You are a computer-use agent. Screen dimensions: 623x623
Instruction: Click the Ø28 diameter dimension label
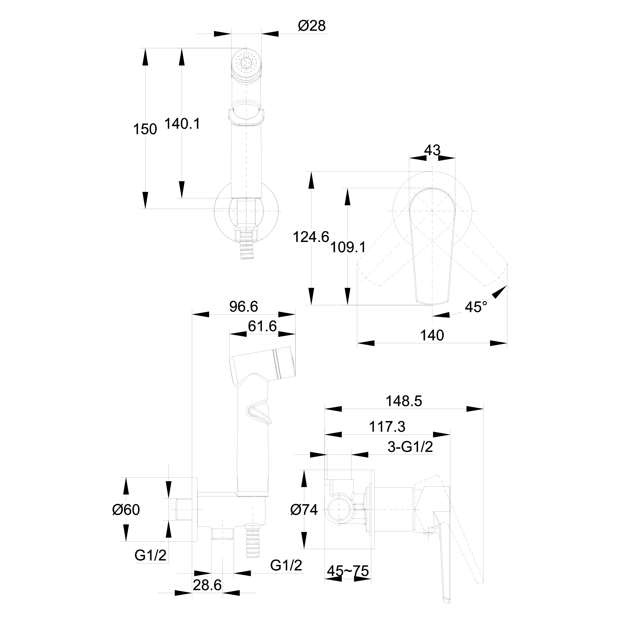[x=311, y=26]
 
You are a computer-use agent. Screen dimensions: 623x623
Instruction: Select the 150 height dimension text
[x=145, y=129]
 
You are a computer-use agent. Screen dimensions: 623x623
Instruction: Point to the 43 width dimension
[x=432, y=150]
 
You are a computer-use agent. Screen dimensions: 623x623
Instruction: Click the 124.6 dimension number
[x=311, y=237]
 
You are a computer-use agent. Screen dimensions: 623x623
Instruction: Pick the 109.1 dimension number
[x=348, y=247]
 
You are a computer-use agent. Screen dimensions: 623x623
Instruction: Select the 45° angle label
[x=476, y=307]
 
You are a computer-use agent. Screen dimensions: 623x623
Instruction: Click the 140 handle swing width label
[x=432, y=336]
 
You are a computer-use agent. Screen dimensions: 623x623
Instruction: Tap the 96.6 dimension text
[x=244, y=307]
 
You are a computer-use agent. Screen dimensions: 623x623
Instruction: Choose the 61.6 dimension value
[x=262, y=326]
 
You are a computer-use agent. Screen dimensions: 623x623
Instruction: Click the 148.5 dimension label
[x=404, y=401]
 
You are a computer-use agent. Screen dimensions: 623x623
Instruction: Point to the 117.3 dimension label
[x=387, y=427]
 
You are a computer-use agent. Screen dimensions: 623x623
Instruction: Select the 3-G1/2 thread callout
[x=410, y=447]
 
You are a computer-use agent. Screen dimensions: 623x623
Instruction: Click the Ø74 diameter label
[x=304, y=510]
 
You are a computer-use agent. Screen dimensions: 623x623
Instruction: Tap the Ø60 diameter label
[x=126, y=510]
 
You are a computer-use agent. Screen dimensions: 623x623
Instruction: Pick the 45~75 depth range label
[x=348, y=571]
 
